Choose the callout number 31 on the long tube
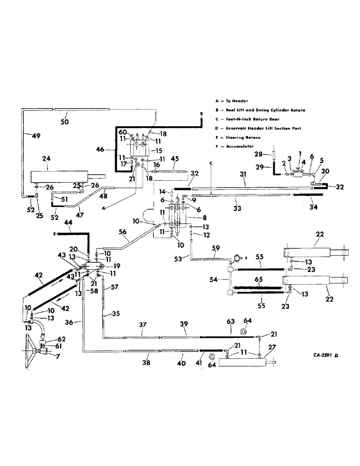tap(242, 174)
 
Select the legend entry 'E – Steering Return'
tap(235, 137)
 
